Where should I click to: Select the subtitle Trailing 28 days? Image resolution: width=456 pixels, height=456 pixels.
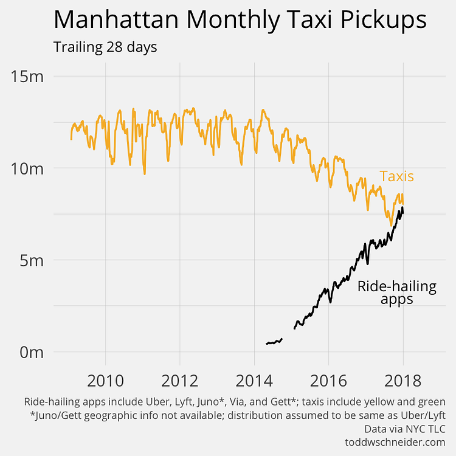(x=105, y=47)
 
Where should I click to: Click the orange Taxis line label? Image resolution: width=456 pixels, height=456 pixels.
(x=396, y=176)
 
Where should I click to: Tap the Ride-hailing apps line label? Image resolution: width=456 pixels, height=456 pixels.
(x=397, y=292)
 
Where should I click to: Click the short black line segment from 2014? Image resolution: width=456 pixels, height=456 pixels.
(x=274, y=342)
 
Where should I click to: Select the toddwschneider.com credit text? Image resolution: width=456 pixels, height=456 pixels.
(x=395, y=442)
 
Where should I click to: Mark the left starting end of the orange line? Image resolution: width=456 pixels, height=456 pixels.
(x=71, y=139)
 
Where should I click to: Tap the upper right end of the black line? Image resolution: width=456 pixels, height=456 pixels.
(x=402, y=209)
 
